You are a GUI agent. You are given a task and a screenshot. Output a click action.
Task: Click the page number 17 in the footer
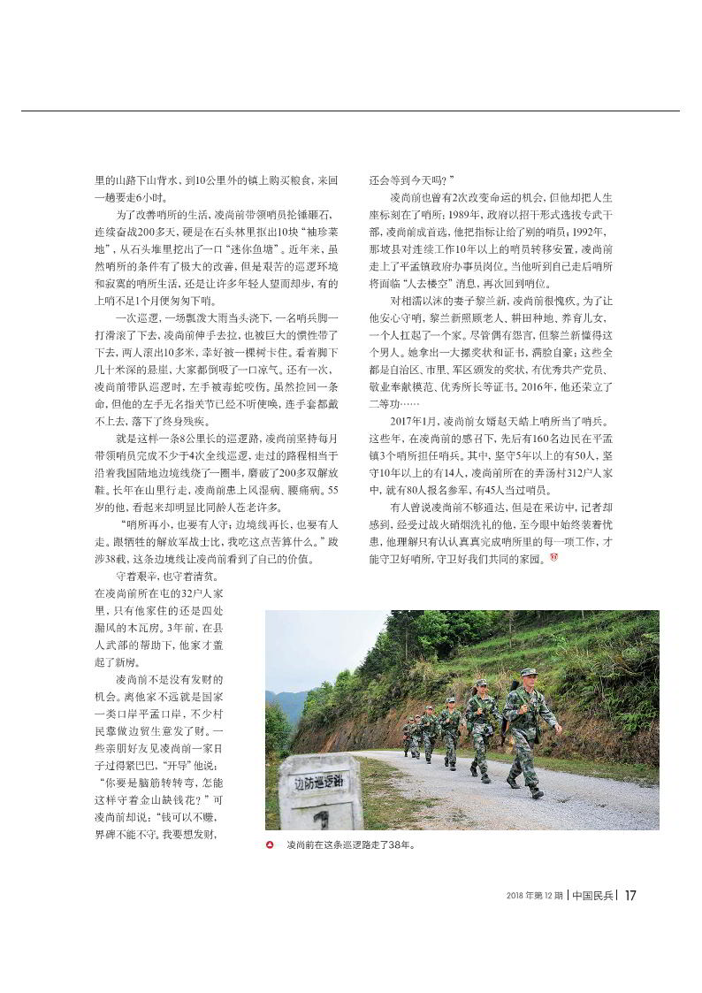pos(630,895)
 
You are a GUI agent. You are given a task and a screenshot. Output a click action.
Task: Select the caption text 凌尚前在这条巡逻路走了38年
pos(350,844)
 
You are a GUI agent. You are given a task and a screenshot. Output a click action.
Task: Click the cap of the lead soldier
pos(528,673)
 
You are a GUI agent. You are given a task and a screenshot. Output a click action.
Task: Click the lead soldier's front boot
pos(536,792)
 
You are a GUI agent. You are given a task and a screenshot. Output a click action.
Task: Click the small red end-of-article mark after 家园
pos(554,558)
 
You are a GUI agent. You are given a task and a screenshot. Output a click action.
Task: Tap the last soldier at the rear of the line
pos(408,737)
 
